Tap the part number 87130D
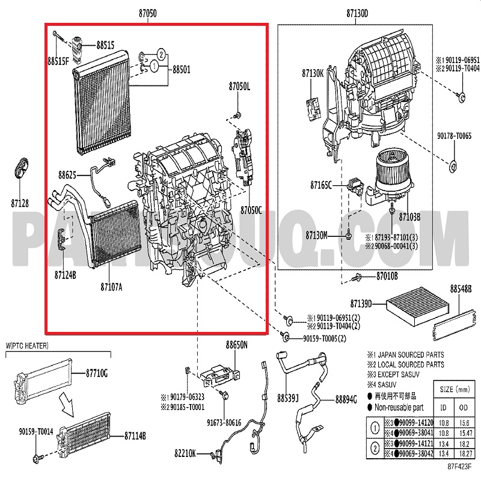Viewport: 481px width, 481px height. (x=357, y=13)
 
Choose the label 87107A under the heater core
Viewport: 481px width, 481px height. (x=111, y=286)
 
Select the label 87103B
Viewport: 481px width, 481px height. (x=409, y=216)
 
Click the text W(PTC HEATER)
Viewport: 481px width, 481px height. (x=27, y=345)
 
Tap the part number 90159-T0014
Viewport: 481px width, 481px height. (x=35, y=431)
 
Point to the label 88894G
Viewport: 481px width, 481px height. (x=346, y=398)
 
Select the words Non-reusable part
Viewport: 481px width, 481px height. (x=399, y=406)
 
